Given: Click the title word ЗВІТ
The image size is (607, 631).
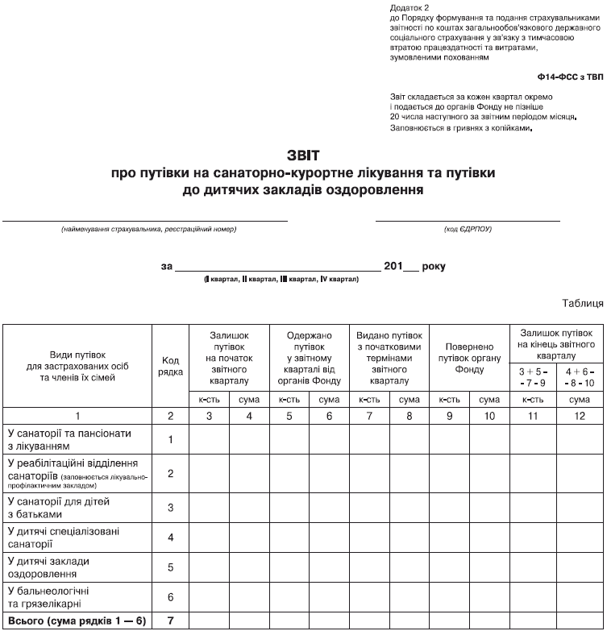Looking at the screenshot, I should coord(304,154).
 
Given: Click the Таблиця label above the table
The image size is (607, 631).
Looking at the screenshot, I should coord(580,303).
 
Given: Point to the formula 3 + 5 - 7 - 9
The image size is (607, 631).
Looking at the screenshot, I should coord(530,376).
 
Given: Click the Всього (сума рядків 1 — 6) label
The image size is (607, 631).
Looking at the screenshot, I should coord(77,621).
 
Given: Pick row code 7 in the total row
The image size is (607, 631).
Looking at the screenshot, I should coord(171,621).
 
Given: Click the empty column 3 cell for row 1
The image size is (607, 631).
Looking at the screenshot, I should coord(209,440).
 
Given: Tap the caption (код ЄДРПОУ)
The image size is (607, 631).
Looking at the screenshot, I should coord(468,230).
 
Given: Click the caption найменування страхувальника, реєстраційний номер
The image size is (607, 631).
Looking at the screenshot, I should coord(148,230).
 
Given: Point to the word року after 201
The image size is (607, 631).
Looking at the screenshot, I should coord(432,266).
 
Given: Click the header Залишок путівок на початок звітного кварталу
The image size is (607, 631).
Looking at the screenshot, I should coord(229,356).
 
